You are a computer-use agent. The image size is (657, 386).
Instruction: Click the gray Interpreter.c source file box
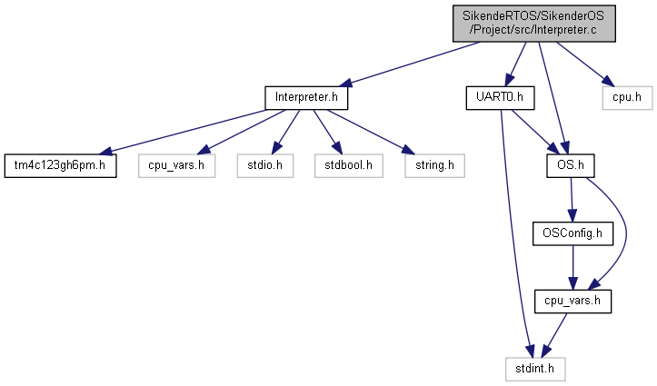coord(533,24)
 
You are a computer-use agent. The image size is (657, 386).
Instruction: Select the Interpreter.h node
coord(306,98)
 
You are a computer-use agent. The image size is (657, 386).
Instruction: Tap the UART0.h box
coord(500,98)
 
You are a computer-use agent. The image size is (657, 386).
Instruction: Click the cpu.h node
coord(627,98)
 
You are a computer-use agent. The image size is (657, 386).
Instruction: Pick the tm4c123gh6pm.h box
coord(60,166)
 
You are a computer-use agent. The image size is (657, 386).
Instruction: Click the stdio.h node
coord(264,166)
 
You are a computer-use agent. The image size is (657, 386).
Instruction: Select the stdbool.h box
coord(349,166)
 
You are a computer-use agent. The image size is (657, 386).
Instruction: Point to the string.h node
coord(434,166)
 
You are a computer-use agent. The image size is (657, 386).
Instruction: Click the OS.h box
coord(571,166)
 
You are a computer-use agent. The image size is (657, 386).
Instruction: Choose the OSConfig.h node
coord(572,233)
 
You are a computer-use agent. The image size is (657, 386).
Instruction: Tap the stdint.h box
coord(535,369)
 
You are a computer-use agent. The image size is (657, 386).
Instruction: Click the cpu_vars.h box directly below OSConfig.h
coord(572,301)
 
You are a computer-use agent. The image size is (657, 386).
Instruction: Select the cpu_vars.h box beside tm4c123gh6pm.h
coord(176,166)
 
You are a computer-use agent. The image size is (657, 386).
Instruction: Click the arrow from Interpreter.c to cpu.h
coord(584,64)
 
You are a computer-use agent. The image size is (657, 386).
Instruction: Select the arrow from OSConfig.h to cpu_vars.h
coord(572,268)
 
